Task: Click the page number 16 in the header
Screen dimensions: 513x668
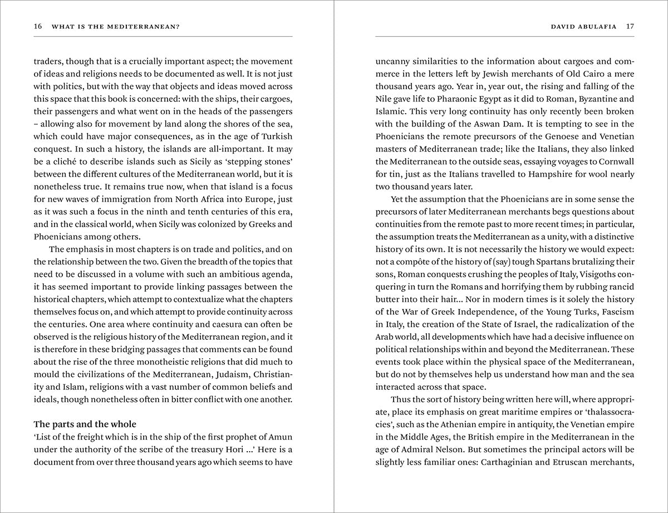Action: point(38,26)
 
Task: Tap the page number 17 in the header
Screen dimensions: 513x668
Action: point(630,26)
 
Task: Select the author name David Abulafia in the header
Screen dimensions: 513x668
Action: point(583,26)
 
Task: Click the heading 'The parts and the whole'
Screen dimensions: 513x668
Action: point(85,424)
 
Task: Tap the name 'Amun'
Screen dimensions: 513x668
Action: point(280,437)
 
